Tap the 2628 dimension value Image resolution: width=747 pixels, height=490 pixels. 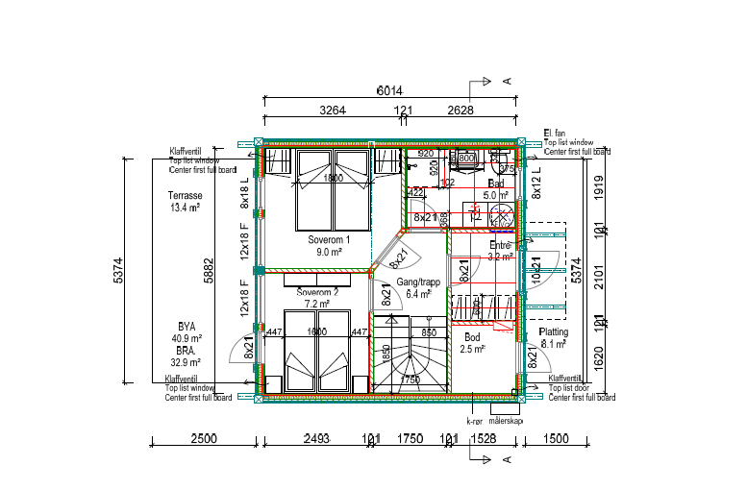[x=461, y=110]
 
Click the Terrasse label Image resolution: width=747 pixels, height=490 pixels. [x=184, y=195]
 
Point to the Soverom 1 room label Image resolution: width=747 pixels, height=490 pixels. [x=329, y=239]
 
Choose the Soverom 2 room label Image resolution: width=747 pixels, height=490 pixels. [x=318, y=292]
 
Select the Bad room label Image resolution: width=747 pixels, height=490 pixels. [x=496, y=184]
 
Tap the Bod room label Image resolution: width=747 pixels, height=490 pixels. [x=472, y=338]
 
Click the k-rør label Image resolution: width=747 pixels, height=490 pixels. [x=473, y=421]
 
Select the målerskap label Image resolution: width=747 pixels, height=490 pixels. [x=506, y=421]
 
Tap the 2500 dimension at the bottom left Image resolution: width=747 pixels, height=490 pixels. [x=203, y=439]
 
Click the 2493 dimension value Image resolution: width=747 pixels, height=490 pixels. [x=316, y=439]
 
